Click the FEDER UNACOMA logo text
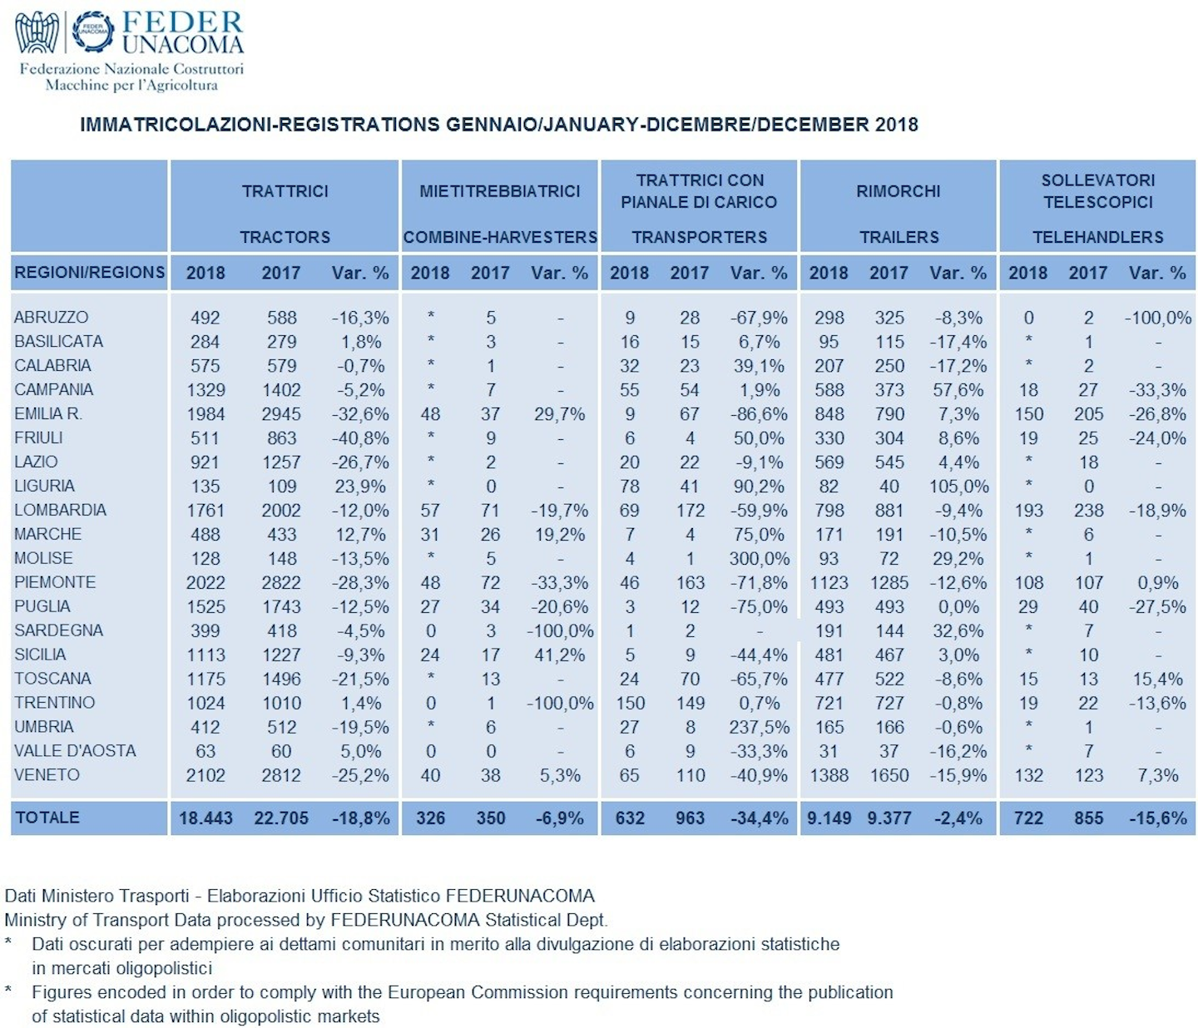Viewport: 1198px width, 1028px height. [x=183, y=33]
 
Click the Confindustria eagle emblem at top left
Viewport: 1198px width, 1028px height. [x=37, y=32]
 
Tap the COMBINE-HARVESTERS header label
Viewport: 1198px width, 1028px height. [x=500, y=237]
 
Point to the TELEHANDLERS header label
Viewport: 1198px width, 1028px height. [x=1097, y=237]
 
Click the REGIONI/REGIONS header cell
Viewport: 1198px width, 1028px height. [x=89, y=272]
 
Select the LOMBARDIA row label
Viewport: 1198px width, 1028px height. [x=60, y=510]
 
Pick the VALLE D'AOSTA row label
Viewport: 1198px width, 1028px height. [x=75, y=751]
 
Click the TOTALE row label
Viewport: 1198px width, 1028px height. [x=47, y=818]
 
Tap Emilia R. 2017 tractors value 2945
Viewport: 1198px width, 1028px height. [x=281, y=414]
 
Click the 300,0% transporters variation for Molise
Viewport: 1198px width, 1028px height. [x=760, y=559]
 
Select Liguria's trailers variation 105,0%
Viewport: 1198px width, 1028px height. [x=959, y=487]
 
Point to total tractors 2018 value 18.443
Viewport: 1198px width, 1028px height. [x=205, y=818]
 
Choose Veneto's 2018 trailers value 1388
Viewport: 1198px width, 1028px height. [x=829, y=775]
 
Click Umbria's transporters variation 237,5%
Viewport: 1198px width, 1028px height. [x=760, y=727]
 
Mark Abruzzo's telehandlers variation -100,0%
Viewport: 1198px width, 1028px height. [x=1158, y=318]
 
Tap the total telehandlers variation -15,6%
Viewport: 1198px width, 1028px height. [x=1158, y=818]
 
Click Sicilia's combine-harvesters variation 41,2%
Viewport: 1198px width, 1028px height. [x=559, y=655]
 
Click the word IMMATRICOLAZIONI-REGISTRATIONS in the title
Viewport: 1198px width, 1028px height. [x=260, y=125]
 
